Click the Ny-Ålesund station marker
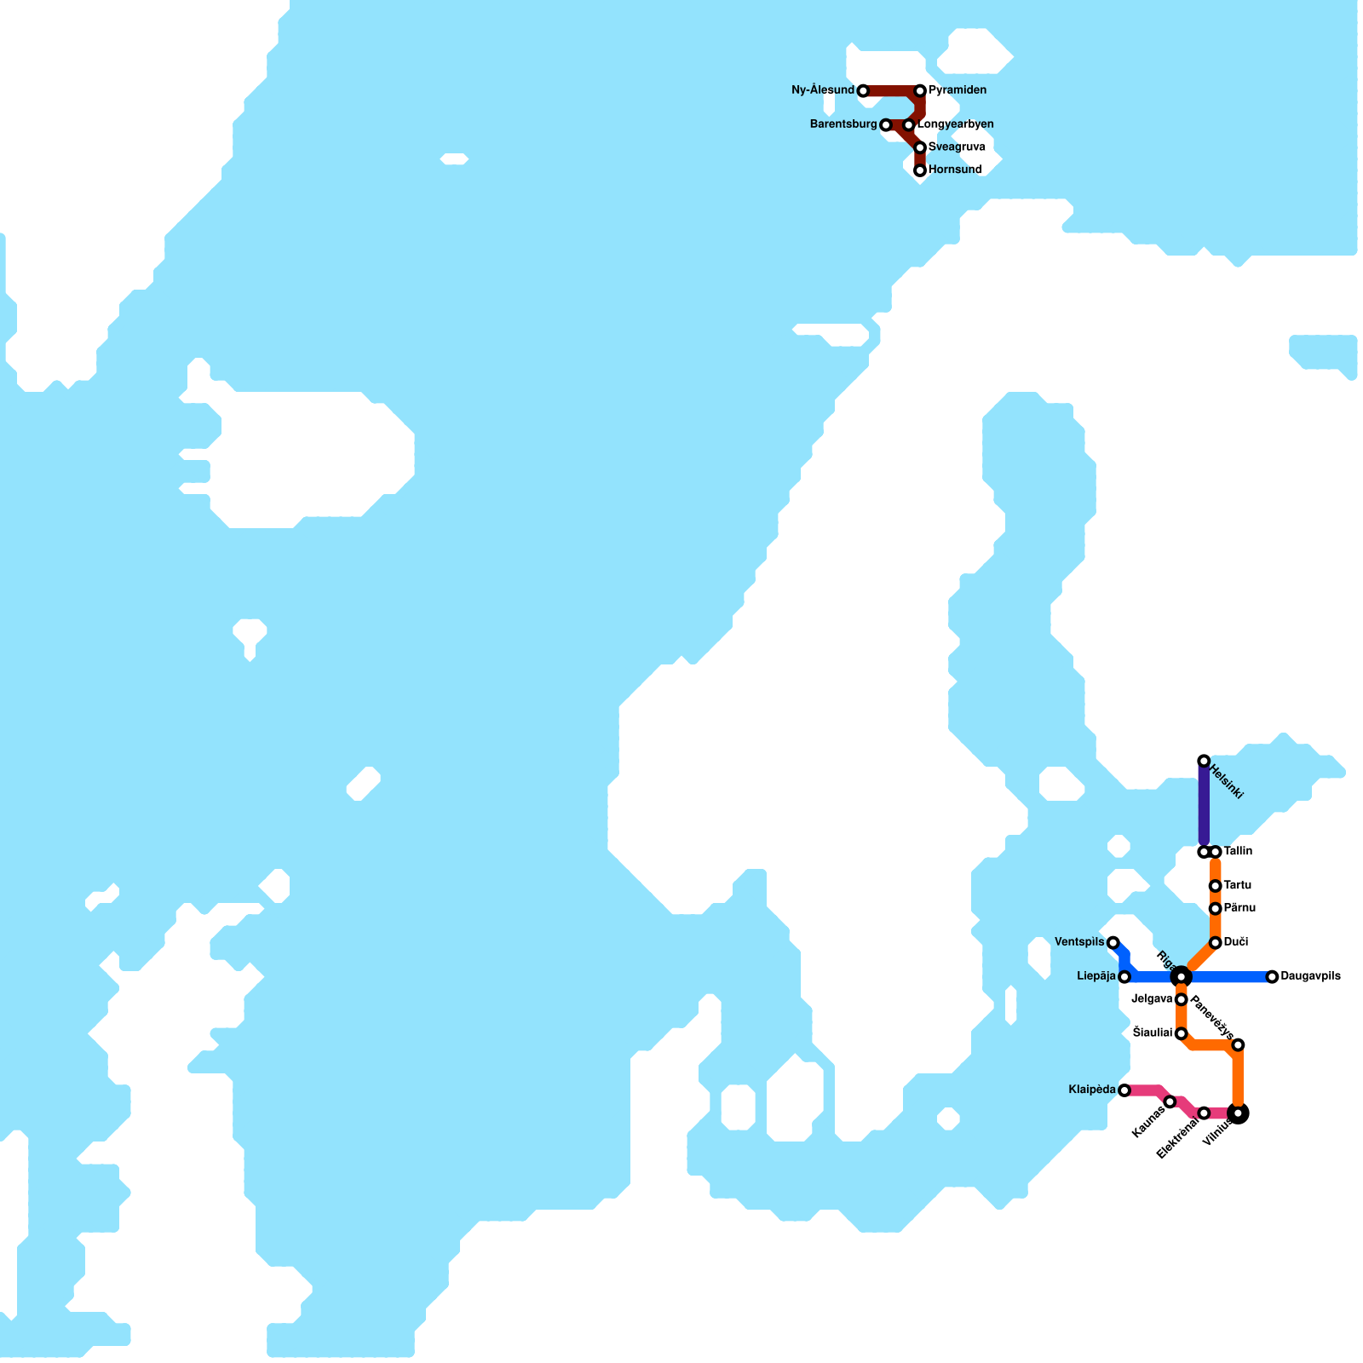[863, 91]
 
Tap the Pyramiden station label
[958, 90]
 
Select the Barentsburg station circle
[886, 125]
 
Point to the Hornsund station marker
[920, 170]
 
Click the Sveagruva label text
[957, 147]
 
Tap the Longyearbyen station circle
[909, 125]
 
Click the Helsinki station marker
[1204, 761]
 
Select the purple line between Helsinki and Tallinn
[1204, 805]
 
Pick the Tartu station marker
[1216, 886]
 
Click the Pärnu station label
[1239, 908]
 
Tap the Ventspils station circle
[1113, 942]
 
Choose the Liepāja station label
[1096, 976]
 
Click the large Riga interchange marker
[1181, 976]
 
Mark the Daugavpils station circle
[1272, 977]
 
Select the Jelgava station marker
[1181, 999]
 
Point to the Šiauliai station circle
[1181, 1034]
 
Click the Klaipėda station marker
[1124, 1090]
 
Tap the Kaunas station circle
[1170, 1102]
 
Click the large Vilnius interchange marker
[1239, 1113]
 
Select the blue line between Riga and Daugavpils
[1227, 977]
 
